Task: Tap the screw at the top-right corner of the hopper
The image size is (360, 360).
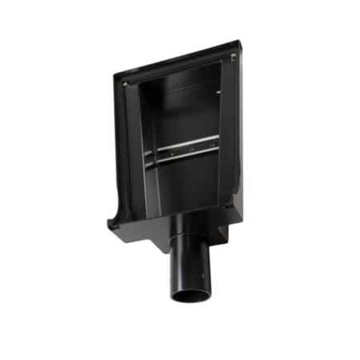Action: [x=230, y=56]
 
